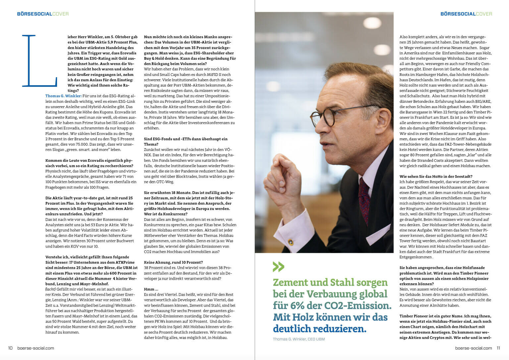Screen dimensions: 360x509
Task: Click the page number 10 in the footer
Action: click(10, 348)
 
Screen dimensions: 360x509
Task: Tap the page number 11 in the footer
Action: click(498, 348)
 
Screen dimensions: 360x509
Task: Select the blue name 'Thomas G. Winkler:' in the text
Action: click(63, 96)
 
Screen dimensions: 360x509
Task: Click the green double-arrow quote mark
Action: click(278, 267)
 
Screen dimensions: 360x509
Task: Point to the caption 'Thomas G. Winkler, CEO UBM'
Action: click(299, 339)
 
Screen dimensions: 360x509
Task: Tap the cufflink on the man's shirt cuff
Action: click(291, 242)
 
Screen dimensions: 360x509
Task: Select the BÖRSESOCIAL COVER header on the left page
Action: click(43, 14)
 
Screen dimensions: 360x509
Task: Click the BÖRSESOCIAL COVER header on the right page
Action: click(466, 14)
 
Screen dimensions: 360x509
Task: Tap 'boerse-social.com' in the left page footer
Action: click(35, 348)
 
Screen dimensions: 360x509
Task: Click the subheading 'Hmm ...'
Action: click(151, 289)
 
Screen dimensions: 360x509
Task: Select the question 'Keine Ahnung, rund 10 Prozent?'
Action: click(173, 262)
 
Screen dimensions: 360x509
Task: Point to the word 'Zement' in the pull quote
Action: click(290, 282)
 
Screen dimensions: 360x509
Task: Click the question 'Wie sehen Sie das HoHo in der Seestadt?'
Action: click(436, 176)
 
